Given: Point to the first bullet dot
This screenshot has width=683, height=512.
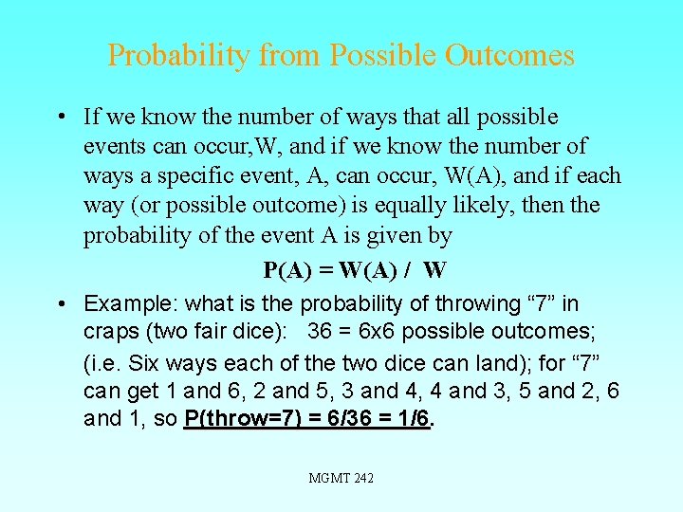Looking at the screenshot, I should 60,118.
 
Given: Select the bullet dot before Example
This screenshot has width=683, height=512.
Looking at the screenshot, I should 60,304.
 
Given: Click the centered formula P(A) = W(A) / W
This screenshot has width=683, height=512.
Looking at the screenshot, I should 355,270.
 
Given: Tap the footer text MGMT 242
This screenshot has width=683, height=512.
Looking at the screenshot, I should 341,478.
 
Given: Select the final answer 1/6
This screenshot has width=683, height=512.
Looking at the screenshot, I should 414,419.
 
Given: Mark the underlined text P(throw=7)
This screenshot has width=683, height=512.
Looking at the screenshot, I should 242,419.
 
